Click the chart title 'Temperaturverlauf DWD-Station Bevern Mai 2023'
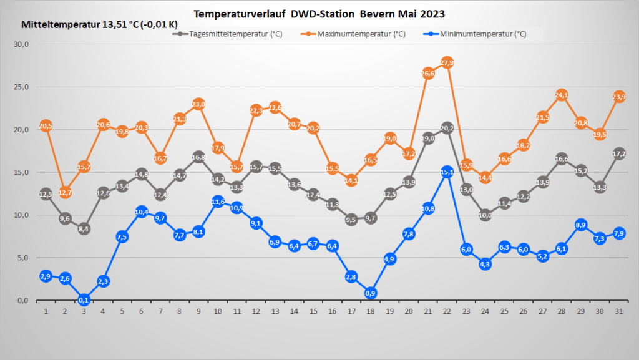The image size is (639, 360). (x=319, y=13)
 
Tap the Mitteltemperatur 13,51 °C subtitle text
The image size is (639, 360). (x=99, y=25)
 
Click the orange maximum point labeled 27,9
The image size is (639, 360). (x=447, y=62)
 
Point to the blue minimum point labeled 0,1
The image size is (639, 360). (x=84, y=299)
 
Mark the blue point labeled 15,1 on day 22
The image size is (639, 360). (x=447, y=172)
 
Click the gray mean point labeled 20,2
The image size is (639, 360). (x=447, y=129)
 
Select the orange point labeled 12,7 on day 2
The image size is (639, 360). (x=65, y=192)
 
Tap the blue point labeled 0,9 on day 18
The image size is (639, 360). (x=370, y=293)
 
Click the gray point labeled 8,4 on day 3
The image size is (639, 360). (x=84, y=229)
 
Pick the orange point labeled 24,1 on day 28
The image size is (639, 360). (x=561, y=95)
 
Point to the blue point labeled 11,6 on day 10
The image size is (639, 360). (x=218, y=202)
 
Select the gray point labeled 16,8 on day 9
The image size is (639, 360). (x=198, y=157)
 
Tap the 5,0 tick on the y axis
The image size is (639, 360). (x=22, y=258)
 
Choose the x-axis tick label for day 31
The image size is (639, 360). (x=618, y=311)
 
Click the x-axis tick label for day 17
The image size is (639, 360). (x=351, y=311)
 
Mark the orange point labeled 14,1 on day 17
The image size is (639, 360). (x=351, y=180)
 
